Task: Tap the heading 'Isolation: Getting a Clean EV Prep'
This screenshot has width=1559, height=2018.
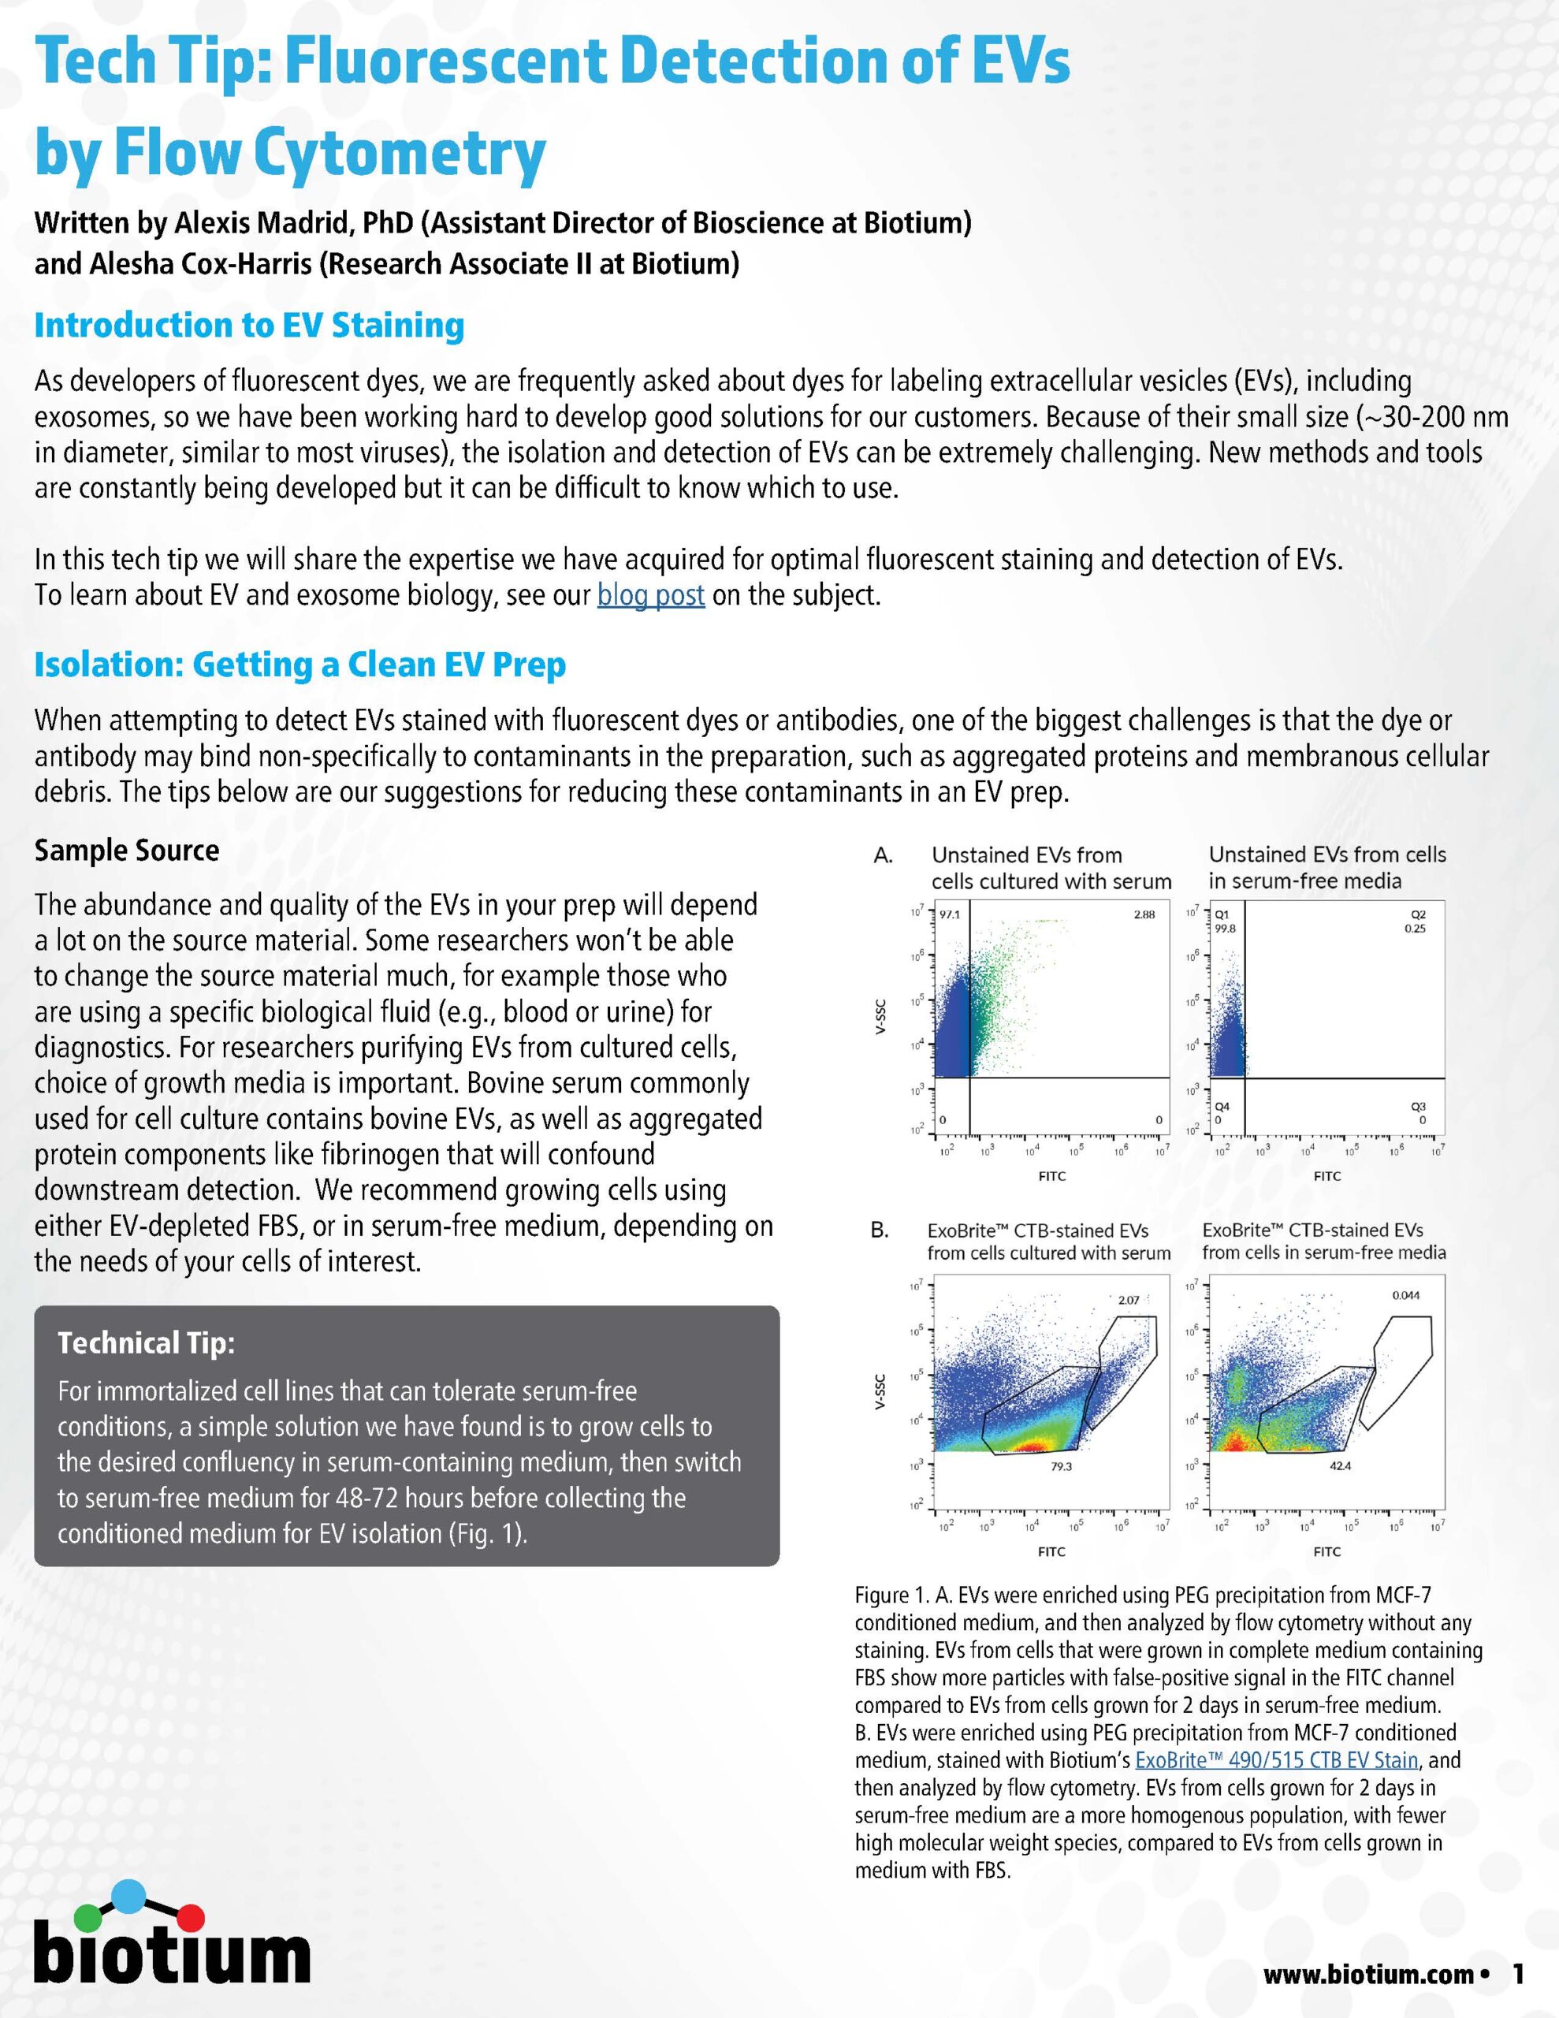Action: [x=300, y=665]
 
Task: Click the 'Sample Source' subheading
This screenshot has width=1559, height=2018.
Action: [x=127, y=850]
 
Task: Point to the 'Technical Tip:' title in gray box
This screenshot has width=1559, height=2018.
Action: [x=146, y=1342]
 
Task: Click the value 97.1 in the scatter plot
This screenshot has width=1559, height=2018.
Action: [x=950, y=914]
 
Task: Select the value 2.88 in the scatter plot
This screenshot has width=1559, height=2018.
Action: [x=1144, y=914]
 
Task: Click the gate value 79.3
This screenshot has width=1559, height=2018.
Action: [x=1062, y=1466]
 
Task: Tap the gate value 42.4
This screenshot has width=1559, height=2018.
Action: [x=1340, y=1466]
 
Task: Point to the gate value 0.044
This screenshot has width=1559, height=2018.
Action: [x=1405, y=1295]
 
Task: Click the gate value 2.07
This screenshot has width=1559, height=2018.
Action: [x=1129, y=1300]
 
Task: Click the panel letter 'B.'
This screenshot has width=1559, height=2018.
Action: [x=880, y=1231]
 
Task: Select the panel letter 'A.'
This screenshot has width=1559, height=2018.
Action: [x=883, y=855]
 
